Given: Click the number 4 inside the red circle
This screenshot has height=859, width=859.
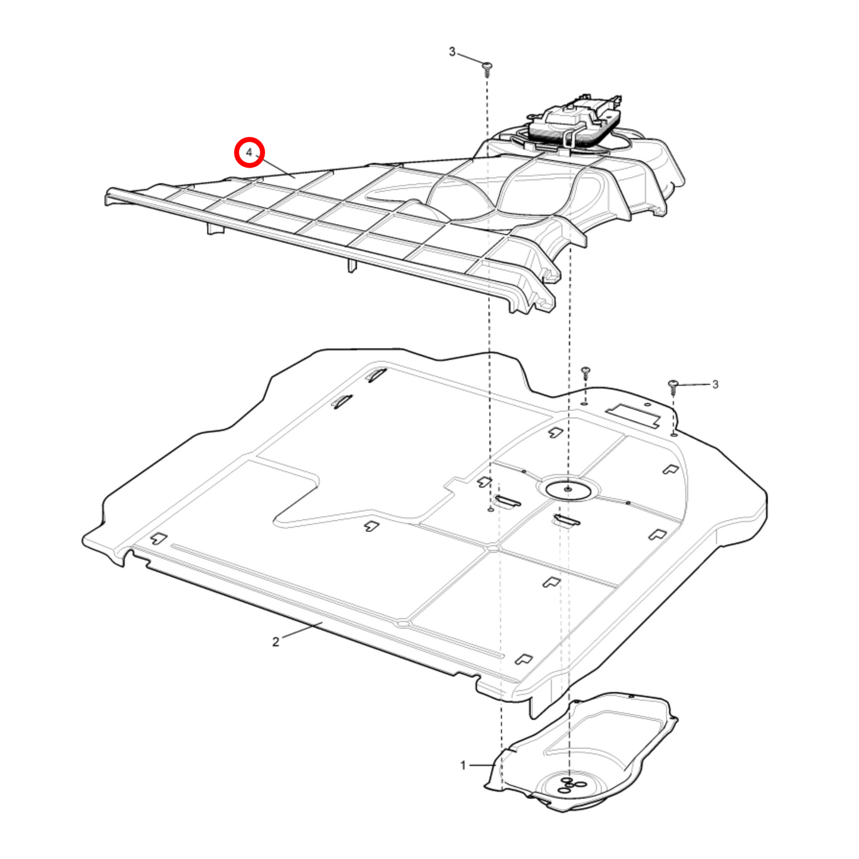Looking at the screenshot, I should point(249,153).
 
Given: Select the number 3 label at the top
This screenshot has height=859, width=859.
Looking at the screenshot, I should point(452,52).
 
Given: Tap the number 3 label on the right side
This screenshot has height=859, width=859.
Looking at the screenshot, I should point(715,385).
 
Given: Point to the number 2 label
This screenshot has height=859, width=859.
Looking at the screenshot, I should point(276,642).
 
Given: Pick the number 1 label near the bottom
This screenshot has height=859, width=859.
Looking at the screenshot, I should point(464,765).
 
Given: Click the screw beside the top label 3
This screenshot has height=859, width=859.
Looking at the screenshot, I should point(487,68).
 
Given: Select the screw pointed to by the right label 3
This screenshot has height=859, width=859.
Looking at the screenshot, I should point(674,387).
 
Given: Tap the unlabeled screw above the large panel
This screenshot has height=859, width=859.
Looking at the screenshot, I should point(586,373).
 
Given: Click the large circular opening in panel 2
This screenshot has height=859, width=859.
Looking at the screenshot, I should point(568,489).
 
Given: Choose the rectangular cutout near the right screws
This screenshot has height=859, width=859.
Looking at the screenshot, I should point(634,415).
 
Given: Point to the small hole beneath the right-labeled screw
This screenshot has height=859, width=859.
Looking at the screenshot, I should point(673,435).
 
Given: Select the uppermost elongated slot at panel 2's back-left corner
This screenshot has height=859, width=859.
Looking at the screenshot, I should point(377,375).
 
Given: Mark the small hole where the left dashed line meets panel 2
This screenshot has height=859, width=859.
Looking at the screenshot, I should point(490,510).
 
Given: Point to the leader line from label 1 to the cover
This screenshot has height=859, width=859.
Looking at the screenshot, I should point(482,765).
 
